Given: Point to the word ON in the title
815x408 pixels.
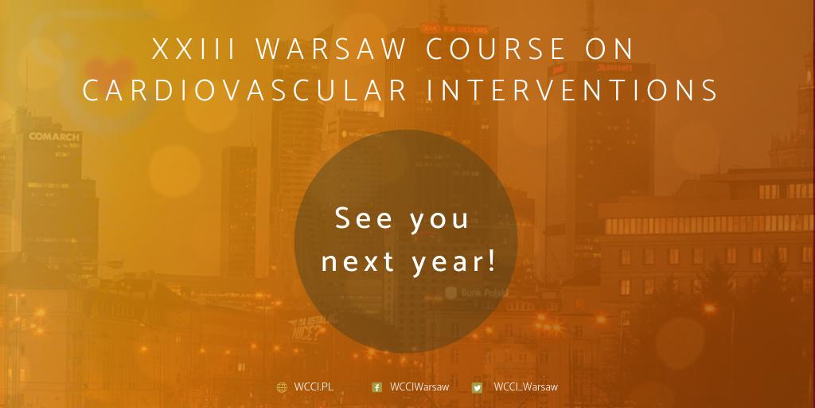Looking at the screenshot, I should pyautogui.click(x=608, y=49).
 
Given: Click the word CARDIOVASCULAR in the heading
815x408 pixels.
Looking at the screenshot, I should pyautogui.click(x=245, y=90).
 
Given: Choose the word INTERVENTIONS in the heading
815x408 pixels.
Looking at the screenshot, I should pyautogui.click(x=573, y=90).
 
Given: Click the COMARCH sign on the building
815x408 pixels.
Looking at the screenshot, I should pyautogui.click(x=54, y=136).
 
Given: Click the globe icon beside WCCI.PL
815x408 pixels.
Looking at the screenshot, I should pyautogui.click(x=282, y=388).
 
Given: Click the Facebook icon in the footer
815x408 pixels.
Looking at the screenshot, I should pyautogui.click(x=377, y=388).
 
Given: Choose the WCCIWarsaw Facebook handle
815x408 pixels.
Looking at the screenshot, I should pyautogui.click(x=419, y=387).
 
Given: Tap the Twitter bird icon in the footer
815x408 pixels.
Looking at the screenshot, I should pyautogui.click(x=477, y=388).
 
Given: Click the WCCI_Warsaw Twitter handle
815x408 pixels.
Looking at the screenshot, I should pyautogui.click(x=525, y=387).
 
